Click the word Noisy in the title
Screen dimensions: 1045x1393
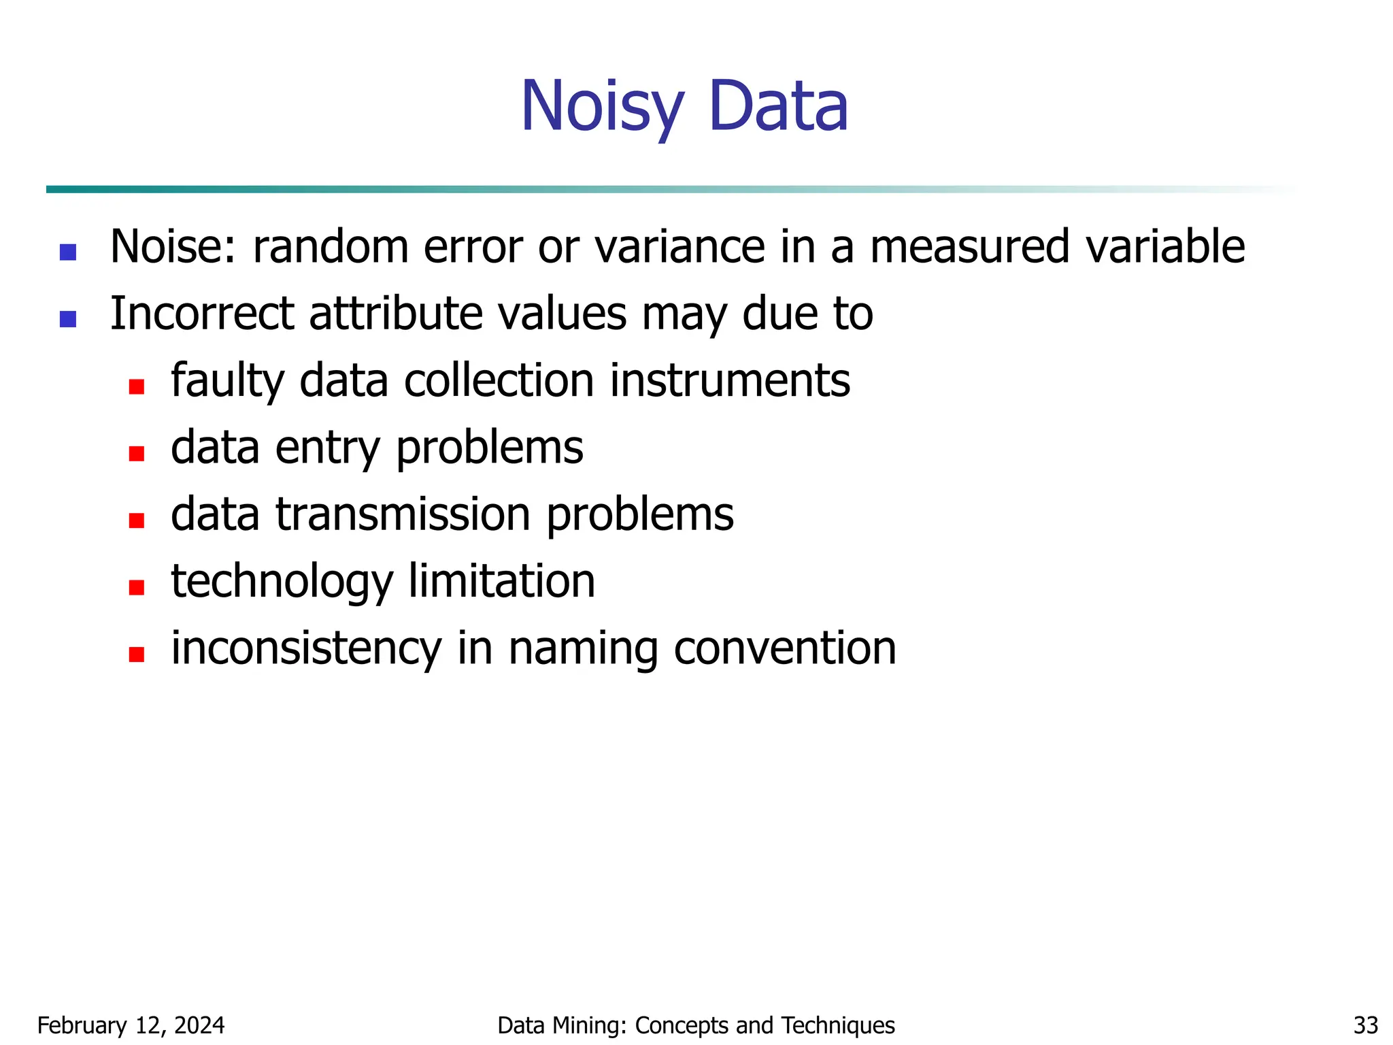pos(602,107)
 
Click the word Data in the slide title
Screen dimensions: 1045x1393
pos(778,107)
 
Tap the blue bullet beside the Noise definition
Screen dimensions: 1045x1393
pos(68,252)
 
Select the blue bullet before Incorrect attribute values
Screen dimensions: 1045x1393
pos(68,319)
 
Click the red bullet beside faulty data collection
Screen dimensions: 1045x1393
pos(137,386)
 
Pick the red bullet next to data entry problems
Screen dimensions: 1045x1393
pos(137,453)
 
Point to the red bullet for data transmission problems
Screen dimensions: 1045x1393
pos(137,520)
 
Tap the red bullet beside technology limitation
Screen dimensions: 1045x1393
pos(137,587)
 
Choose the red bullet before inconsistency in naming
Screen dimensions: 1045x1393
pos(137,654)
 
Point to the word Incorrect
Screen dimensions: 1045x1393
pos(202,314)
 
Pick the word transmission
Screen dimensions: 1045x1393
pos(403,514)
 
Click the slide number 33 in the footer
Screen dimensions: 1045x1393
pos(1366,1025)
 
